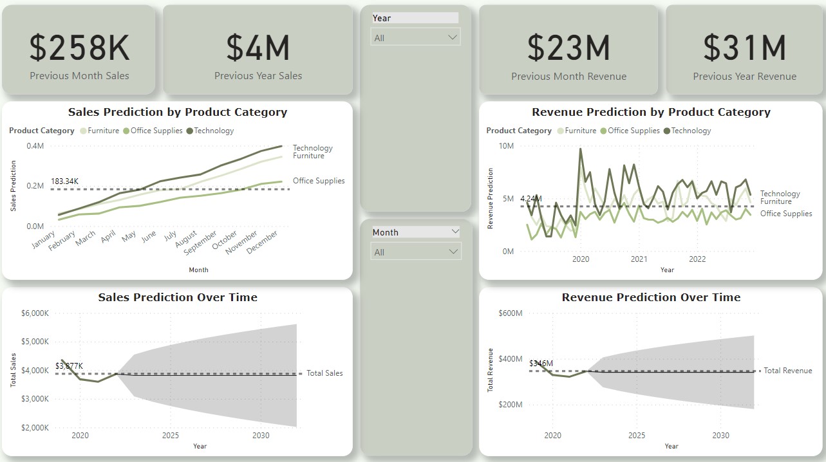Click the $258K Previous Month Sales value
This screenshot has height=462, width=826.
tap(79, 48)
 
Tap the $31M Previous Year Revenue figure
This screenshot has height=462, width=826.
tap(744, 48)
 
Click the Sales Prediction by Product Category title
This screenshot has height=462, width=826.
tap(178, 112)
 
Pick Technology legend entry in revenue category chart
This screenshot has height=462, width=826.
tap(691, 131)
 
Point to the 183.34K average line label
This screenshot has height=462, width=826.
tap(64, 181)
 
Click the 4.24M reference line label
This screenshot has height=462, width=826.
tap(531, 198)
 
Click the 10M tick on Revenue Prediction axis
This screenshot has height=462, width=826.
tap(506, 146)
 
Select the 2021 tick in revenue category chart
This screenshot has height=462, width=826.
tap(639, 259)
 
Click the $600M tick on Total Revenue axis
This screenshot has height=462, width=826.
tap(510, 313)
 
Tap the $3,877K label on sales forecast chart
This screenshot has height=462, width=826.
tap(69, 366)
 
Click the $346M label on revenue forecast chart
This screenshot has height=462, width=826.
tap(541, 364)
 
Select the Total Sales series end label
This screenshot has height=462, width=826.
tap(324, 373)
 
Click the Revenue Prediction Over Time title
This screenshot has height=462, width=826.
tap(651, 297)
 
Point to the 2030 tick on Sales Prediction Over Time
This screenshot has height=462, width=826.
tap(261, 436)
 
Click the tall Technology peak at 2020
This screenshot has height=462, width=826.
tap(581, 149)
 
